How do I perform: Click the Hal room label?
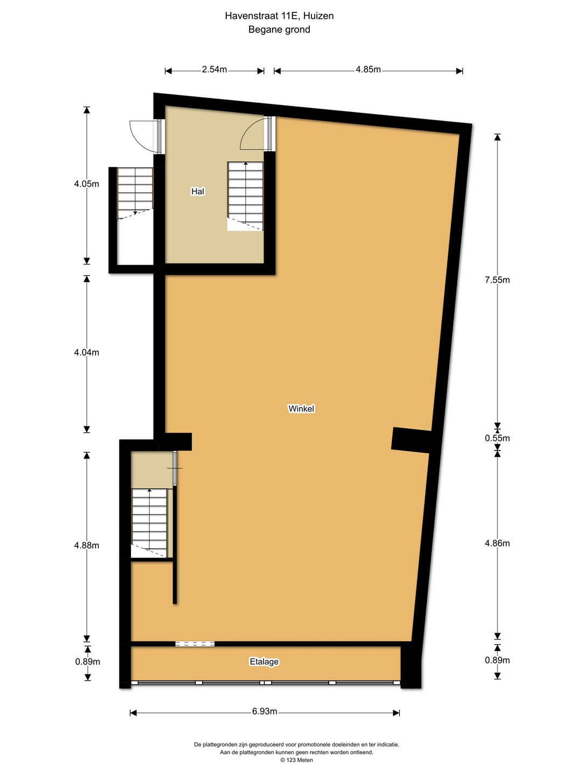[x=198, y=191]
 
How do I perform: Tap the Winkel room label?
[x=301, y=408]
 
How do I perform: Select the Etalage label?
[x=264, y=661]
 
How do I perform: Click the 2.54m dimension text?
[x=214, y=70]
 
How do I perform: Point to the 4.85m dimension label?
[x=368, y=70]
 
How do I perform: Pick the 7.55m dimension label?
[x=497, y=280]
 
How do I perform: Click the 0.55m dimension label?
[x=497, y=438]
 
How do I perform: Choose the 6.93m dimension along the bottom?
[x=264, y=711]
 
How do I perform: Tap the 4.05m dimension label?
[x=87, y=184]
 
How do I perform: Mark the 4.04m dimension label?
[x=87, y=352]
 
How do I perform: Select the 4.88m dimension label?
[x=87, y=545]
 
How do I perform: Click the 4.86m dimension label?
[x=497, y=543]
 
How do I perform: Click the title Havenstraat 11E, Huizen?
[x=279, y=16]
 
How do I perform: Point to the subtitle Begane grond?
[x=279, y=29]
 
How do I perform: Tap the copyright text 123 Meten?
[x=296, y=760]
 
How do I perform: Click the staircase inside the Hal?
[x=245, y=196]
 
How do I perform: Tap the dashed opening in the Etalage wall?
[x=195, y=644]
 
